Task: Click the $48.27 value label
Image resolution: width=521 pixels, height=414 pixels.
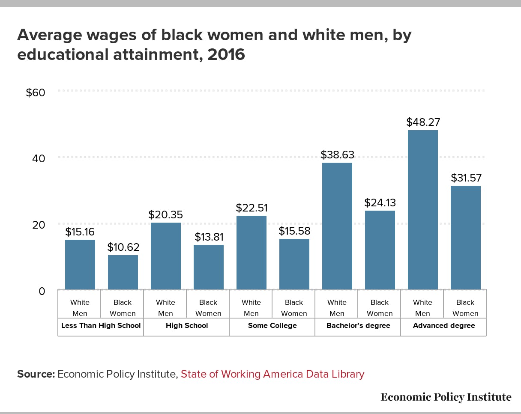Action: point(423,122)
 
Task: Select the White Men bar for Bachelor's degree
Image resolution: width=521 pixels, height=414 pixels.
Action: point(337,226)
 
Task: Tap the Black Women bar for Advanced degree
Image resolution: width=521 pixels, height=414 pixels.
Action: point(466,238)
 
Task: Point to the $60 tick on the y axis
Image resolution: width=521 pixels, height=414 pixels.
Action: point(36,92)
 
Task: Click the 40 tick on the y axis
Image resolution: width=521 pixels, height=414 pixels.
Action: point(39,158)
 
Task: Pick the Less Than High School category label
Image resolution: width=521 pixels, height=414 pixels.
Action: point(101,325)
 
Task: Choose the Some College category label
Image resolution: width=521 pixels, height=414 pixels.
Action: point(272,325)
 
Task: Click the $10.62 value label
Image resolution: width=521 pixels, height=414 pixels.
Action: point(123,247)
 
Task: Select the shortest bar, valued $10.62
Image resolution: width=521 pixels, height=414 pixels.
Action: point(123,272)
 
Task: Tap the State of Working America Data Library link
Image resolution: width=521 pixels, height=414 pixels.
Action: point(272,374)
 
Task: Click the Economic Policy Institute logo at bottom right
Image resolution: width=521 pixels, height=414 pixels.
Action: point(446,397)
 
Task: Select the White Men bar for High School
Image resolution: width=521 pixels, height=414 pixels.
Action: point(166,256)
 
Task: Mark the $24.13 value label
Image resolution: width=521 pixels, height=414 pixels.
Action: point(380,203)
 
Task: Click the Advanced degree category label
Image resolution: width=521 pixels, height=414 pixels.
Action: point(444,325)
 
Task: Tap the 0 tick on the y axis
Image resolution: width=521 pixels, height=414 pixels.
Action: point(42,291)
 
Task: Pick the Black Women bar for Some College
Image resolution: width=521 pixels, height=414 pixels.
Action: point(294,264)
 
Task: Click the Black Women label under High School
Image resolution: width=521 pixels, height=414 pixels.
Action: point(208,308)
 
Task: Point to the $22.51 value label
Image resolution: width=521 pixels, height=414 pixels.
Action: point(252,208)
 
